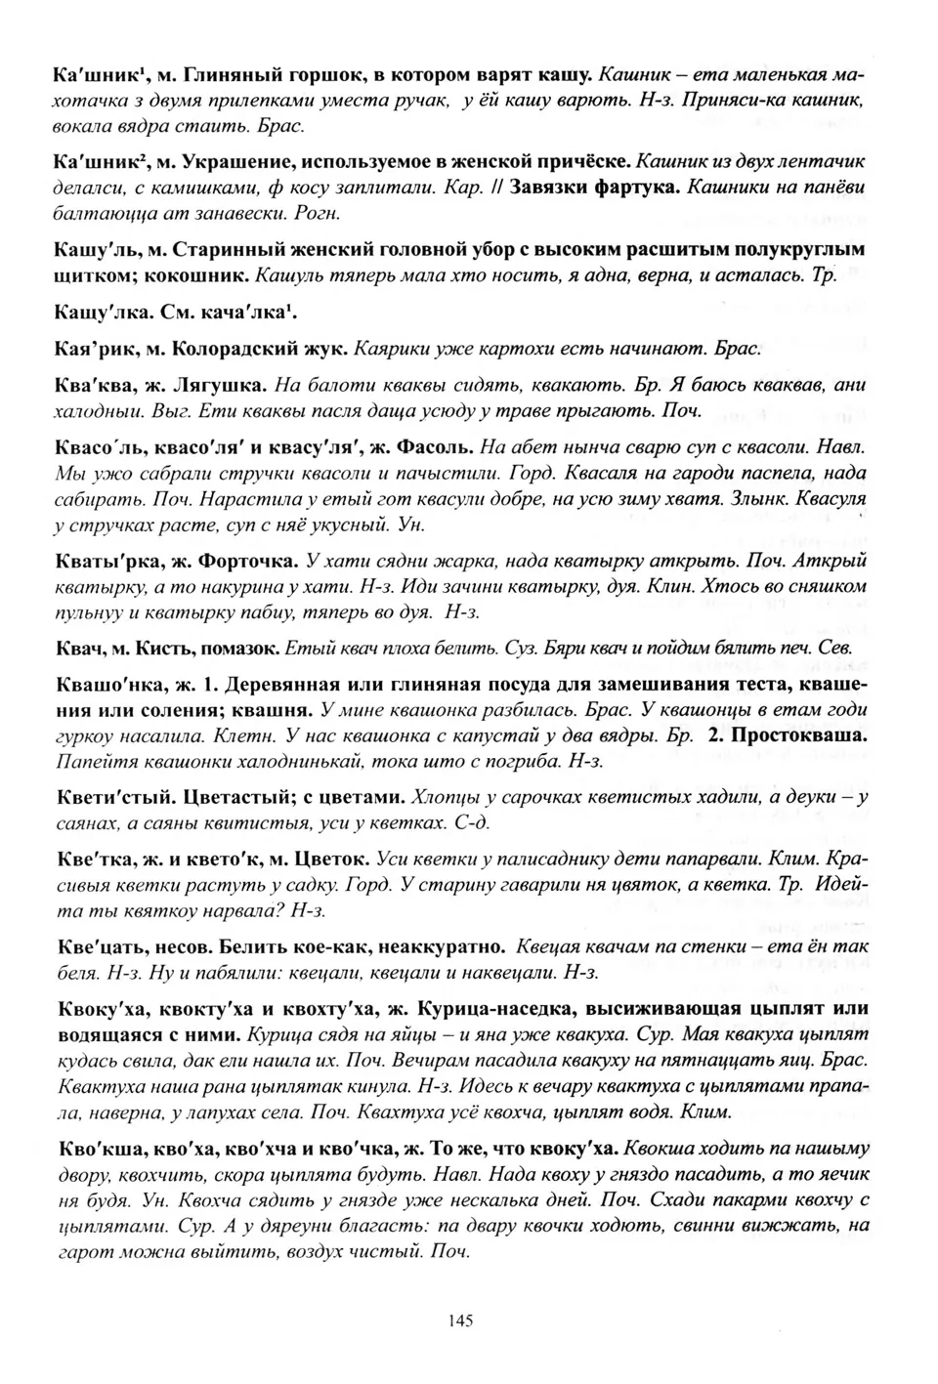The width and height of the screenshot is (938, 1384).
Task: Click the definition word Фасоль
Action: (438, 447)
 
